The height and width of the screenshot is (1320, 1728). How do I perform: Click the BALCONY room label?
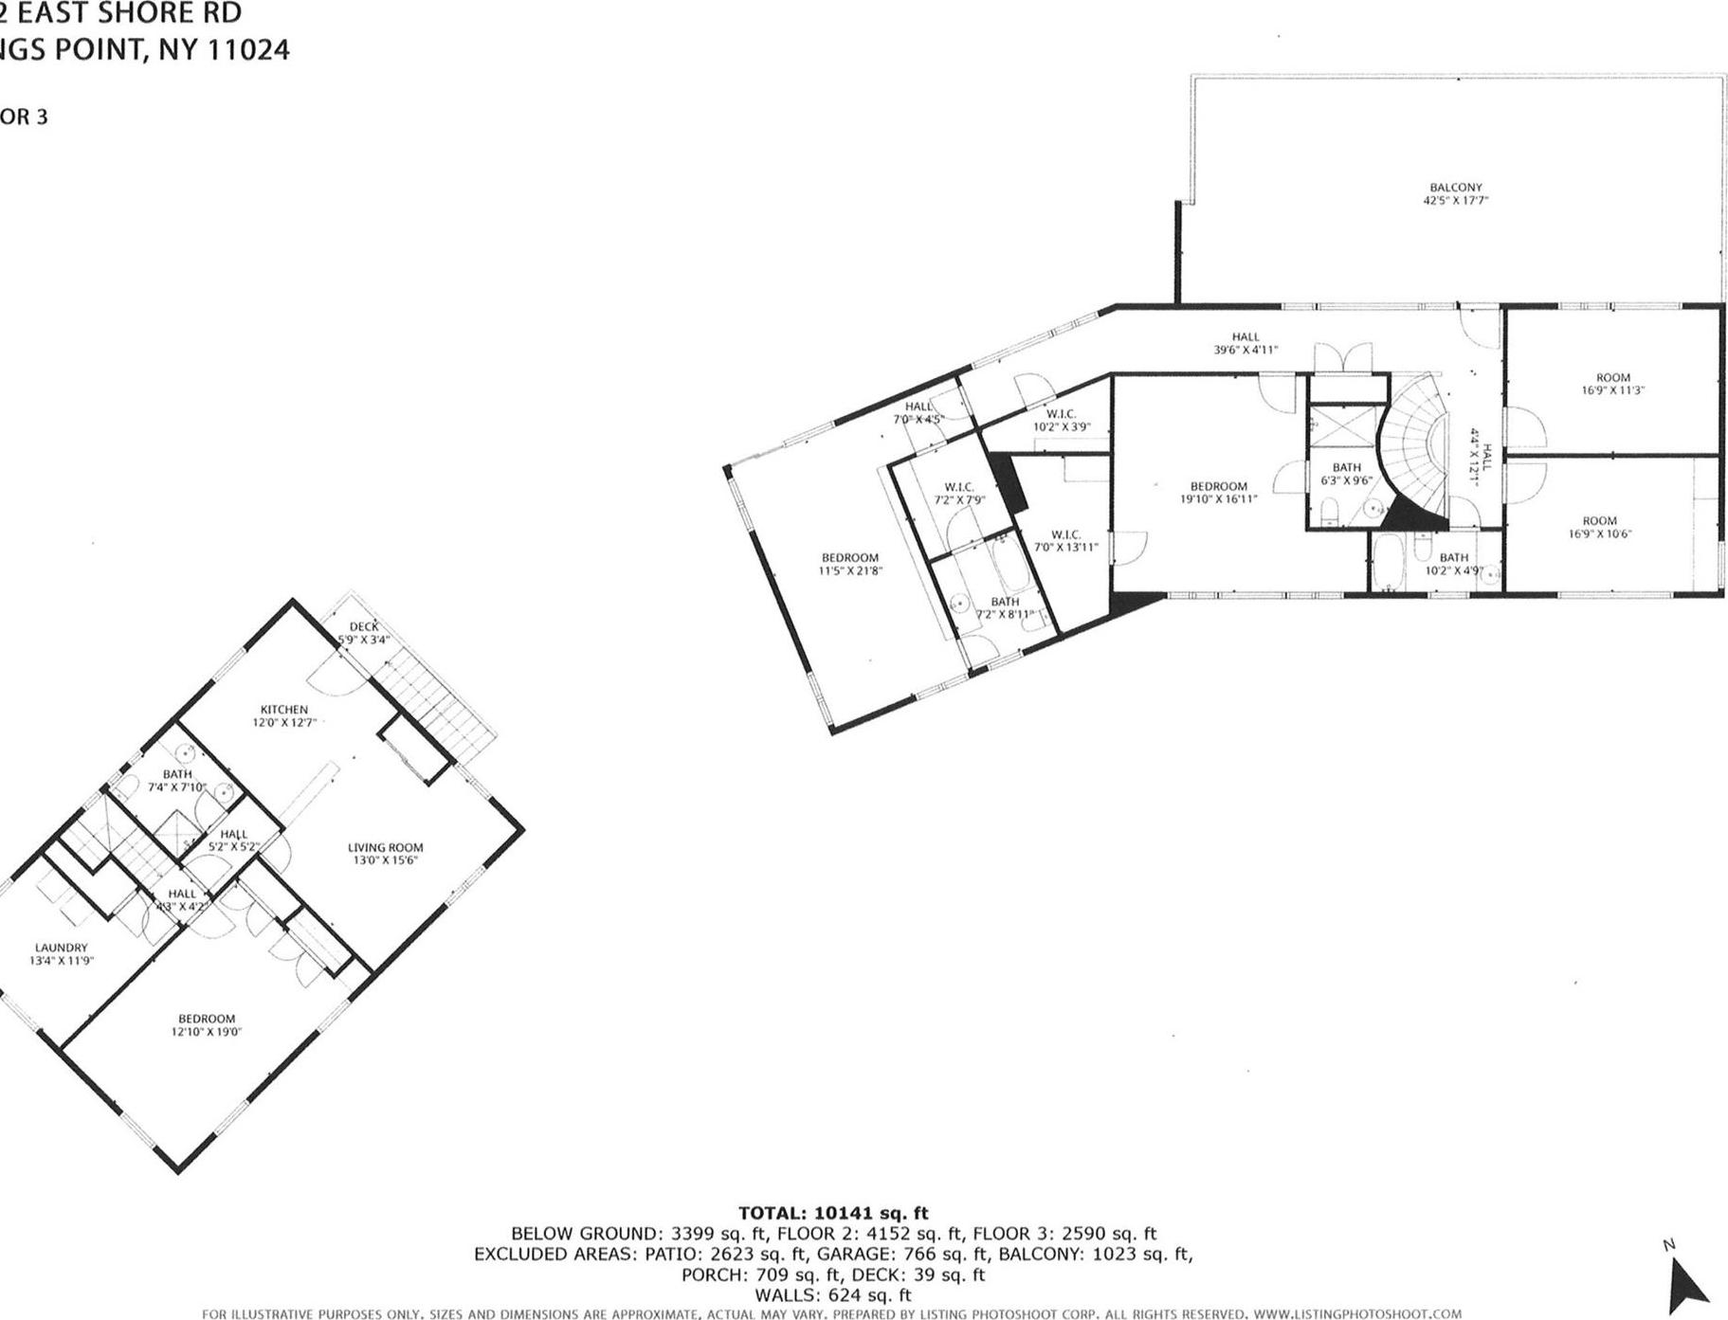(x=1456, y=188)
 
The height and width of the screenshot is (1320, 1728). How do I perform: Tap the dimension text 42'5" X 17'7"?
(x=1456, y=201)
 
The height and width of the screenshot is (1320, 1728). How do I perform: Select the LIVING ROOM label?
(x=385, y=848)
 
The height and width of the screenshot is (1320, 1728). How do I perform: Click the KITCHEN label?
(x=284, y=710)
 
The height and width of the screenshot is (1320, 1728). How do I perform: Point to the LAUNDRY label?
(x=62, y=948)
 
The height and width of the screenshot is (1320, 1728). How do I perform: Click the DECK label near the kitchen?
(x=364, y=626)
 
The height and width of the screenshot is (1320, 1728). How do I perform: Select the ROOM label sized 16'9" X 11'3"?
(x=1612, y=377)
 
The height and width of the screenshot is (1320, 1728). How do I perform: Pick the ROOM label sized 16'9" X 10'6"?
(x=1599, y=520)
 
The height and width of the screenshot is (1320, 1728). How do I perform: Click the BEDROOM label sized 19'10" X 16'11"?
(x=1219, y=486)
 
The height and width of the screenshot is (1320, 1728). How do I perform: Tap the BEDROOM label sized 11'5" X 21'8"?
(x=849, y=558)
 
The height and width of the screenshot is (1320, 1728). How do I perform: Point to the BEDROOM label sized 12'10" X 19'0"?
(x=207, y=1019)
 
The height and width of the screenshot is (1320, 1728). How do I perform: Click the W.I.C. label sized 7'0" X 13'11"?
(x=1065, y=534)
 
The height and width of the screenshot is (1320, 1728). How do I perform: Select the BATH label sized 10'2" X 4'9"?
(x=1453, y=558)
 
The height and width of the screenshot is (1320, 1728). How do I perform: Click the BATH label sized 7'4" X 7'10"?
(x=177, y=774)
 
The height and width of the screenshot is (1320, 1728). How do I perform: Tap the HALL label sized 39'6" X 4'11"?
(x=1246, y=336)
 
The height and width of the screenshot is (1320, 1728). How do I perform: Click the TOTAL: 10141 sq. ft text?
(x=833, y=1213)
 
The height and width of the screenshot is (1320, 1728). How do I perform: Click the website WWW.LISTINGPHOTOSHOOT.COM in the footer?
(x=1356, y=1313)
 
